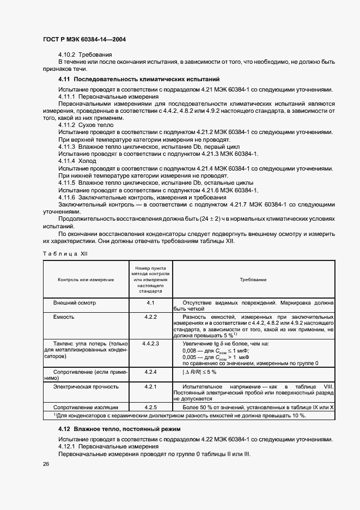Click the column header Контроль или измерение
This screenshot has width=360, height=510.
coord(86,279)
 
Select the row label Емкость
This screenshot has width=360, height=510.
coord(63,317)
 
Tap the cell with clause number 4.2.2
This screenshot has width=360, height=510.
coord(151,317)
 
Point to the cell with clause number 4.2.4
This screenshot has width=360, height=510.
coord(151,372)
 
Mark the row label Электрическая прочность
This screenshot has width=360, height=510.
coord(86,386)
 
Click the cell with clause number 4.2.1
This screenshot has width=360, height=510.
coord(151,386)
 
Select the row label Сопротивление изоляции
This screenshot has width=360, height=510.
coord(85,407)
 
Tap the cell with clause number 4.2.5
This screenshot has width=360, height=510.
coord(151,407)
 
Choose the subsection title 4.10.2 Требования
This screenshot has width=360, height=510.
coord(85,55)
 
